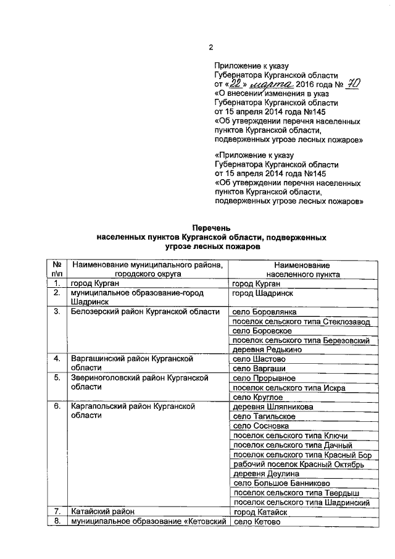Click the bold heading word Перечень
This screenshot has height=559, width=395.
point(211,229)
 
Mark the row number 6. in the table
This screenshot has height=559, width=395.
point(56,407)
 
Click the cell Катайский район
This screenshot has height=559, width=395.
point(102,512)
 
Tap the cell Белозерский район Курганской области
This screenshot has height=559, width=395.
point(145,311)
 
